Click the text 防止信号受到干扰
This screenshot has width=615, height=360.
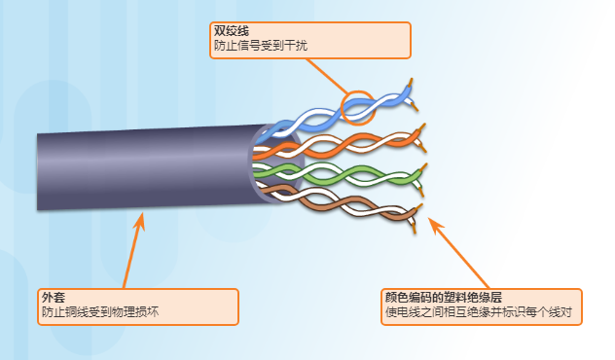pos(260,46)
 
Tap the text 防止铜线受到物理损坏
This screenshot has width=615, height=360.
pos(99,312)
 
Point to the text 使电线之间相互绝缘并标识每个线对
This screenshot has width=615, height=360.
pos(476,313)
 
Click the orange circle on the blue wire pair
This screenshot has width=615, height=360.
pos(359,107)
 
